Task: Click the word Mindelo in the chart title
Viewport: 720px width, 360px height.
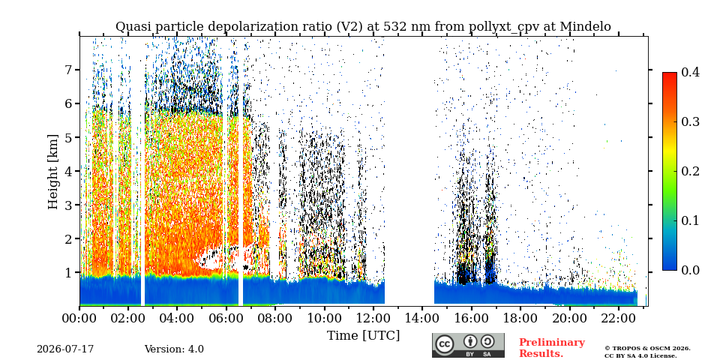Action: coord(586,27)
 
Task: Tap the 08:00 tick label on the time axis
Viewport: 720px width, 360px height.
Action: coord(275,318)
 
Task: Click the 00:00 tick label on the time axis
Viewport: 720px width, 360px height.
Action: coord(79,318)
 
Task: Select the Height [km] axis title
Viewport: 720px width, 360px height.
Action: coord(54,172)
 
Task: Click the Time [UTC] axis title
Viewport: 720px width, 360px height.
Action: coord(363,336)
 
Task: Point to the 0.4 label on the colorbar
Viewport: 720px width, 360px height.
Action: coord(690,72)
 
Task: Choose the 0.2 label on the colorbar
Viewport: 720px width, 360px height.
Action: coord(690,171)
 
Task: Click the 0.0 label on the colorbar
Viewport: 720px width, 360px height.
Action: coord(690,270)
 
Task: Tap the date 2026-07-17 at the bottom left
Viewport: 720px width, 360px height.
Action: coord(65,349)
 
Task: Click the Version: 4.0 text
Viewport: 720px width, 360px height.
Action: coord(174,349)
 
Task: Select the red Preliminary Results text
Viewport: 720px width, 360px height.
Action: coord(552,348)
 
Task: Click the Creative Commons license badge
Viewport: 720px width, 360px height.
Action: coord(468,345)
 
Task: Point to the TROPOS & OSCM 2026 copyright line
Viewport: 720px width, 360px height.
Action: coord(647,349)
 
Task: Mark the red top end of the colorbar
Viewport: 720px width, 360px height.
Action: coord(670,73)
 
